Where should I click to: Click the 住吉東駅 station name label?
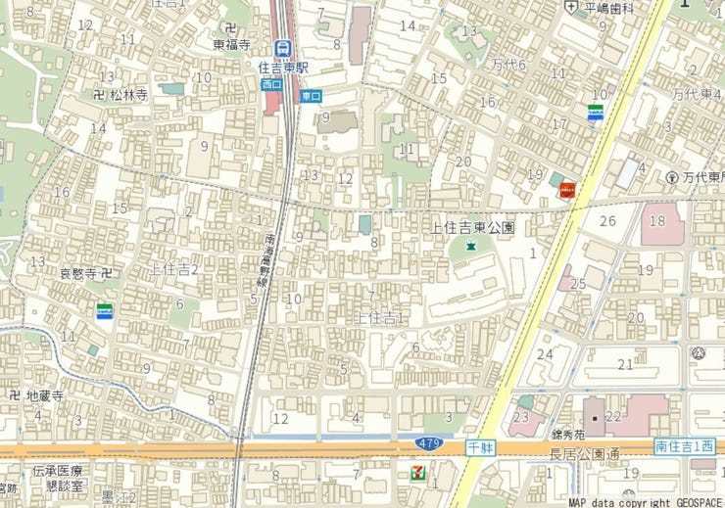[283, 68]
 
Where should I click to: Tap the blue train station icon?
[283, 48]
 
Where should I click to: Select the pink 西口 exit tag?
[271, 84]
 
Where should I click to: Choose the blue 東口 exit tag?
[312, 96]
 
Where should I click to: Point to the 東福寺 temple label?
[232, 44]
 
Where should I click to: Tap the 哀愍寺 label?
[80, 273]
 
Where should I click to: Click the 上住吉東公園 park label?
[473, 227]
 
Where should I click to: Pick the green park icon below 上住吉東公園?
[470, 246]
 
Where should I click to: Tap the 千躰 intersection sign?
[479, 446]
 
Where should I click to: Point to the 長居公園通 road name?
[586, 452]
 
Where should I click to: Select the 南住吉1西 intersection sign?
[684, 446]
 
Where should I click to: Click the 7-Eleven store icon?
[418, 473]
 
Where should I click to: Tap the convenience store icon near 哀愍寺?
[104, 312]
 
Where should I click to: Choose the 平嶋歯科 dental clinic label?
[609, 8]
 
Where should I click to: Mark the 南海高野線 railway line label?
[265, 259]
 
